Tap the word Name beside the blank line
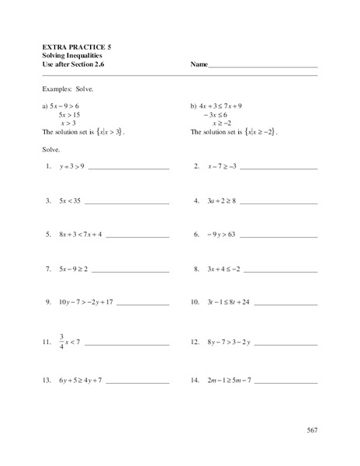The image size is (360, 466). tap(199, 64)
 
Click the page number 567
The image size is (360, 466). tap(311, 429)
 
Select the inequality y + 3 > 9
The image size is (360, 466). tap(71, 167)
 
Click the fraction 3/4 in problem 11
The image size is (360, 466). tap(61, 341)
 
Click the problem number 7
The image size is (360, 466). tap(48, 269)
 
